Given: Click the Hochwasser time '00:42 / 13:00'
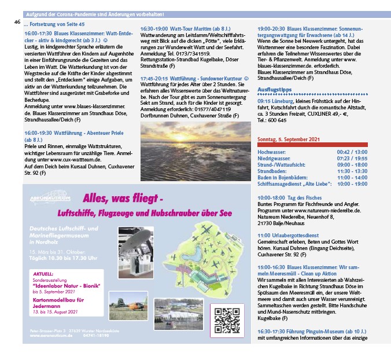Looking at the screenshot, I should pyautogui.click(x=352, y=152).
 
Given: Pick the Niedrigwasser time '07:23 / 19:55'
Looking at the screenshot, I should pyautogui.click(x=352, y=158).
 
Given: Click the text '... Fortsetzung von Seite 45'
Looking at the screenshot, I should pyautogui.click(x=54, y=24).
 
